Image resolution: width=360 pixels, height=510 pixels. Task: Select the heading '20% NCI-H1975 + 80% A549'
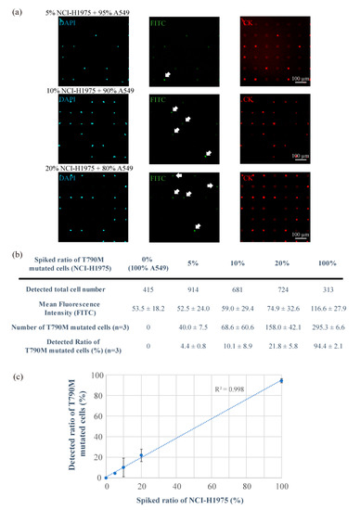pyautogui.click(x=101, y=167)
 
